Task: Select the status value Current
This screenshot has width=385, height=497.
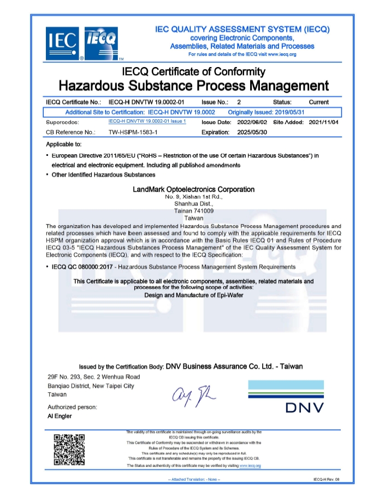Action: [318, 102]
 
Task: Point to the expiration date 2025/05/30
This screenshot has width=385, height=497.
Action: [251, 132]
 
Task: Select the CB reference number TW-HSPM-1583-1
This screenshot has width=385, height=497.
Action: [133, 132]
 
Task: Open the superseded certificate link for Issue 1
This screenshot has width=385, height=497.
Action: [147, 122]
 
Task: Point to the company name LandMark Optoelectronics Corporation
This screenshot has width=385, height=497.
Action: [194, 190]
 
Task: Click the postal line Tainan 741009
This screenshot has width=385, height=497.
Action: [194, 210]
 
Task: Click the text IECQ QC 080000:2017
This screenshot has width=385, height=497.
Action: [82, 267]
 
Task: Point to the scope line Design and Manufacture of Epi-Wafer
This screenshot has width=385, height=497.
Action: [193, 295]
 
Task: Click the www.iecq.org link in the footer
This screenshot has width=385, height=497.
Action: [250, 466]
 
